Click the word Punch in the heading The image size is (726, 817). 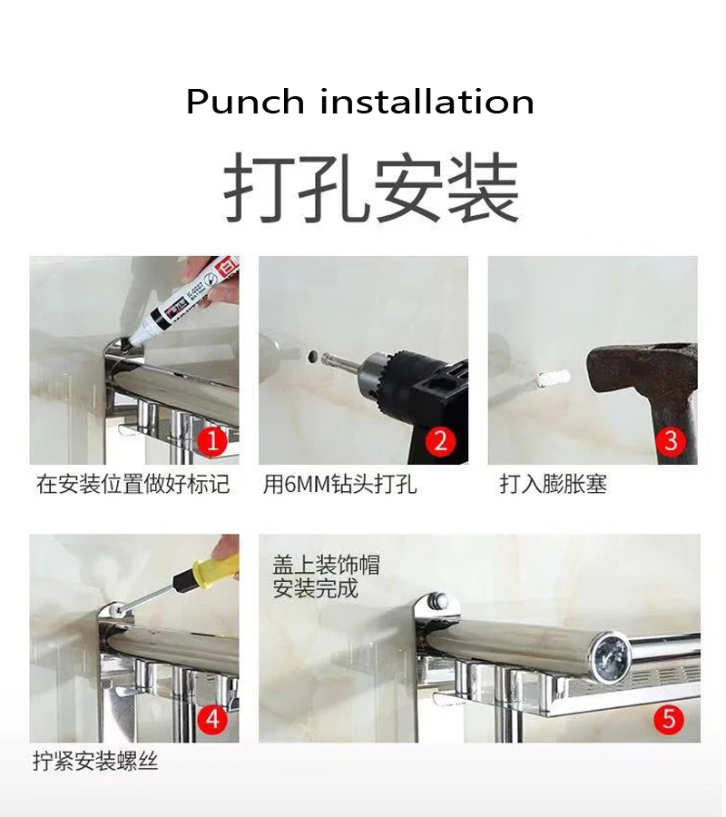[245, 102]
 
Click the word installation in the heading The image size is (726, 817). [427, 101]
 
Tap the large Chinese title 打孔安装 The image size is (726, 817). [371, 188]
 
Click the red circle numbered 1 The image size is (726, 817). [212, 441]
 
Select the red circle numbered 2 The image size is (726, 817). [441, 441]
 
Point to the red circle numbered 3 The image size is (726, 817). [671, 441]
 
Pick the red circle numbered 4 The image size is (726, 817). [212, 720]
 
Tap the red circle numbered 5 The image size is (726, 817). [669, 720]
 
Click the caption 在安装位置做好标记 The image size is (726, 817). [132, 484]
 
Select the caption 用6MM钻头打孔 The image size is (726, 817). [339, 484]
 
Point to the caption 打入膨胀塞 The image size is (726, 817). [553, 484]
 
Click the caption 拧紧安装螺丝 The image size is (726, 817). [95, 762]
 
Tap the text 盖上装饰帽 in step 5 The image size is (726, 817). [327, 565]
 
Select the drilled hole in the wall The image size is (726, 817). [313, 357]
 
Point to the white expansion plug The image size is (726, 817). [552, 378]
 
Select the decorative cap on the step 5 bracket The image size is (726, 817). [437, 600]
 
